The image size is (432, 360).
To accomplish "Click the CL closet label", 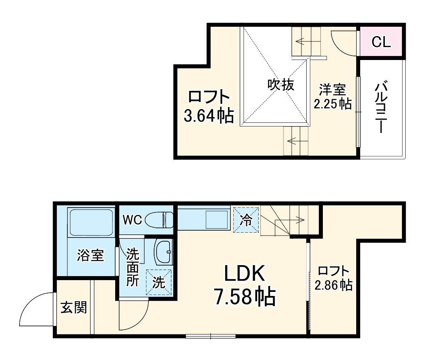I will click(381, 41).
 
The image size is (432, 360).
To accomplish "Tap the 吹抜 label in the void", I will click(280, 85).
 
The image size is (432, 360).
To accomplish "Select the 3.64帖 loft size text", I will click(208, 116).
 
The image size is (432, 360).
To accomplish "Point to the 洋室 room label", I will click(332, 89).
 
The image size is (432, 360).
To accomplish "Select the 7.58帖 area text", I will click(245, 298).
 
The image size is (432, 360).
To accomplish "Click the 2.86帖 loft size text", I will click(333, 285).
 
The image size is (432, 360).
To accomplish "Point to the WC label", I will click(132, 220).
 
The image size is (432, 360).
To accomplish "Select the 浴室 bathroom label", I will click(90, 255).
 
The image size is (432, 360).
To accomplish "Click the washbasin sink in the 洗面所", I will click(164, 252).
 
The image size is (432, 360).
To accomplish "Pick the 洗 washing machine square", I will click(159, 282).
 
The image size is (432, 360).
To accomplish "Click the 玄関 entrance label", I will click(74, 308).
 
